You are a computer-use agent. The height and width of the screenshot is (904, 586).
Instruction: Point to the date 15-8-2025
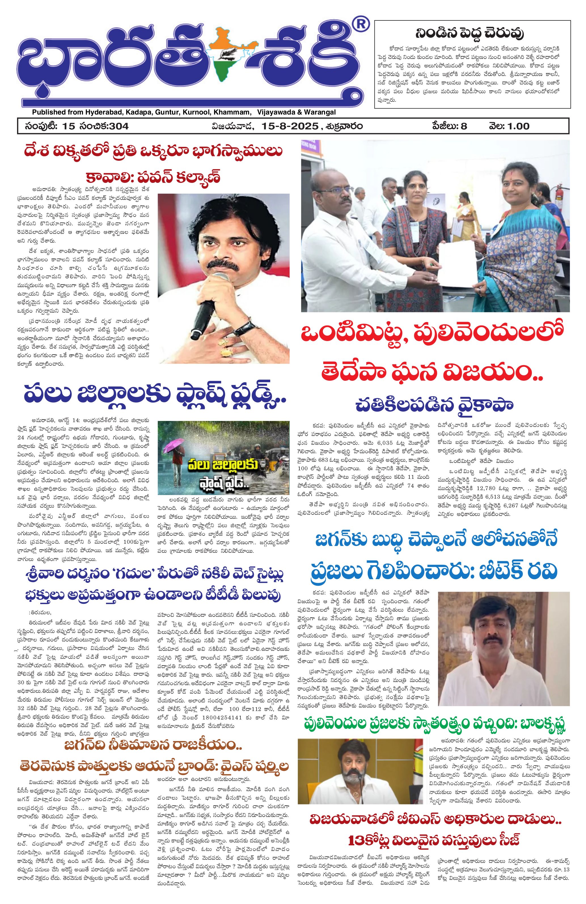click(289, 126)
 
